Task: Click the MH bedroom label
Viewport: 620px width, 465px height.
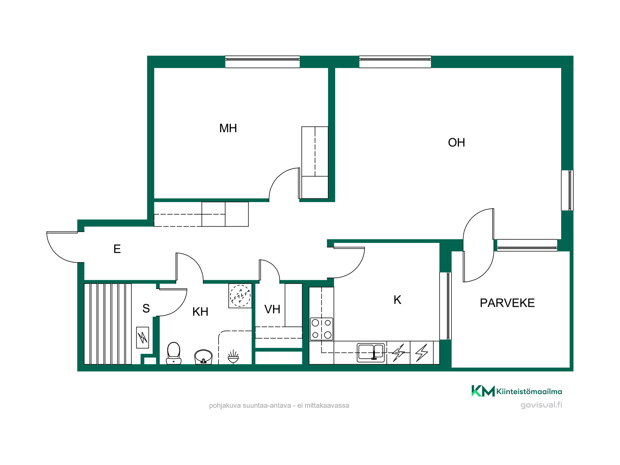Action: point(228,128)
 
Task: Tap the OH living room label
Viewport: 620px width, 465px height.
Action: point(456,143)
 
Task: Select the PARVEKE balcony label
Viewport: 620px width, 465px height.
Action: point(507,303)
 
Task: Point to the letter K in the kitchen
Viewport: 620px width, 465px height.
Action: point(397,300)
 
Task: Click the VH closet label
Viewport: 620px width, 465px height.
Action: point(272,309)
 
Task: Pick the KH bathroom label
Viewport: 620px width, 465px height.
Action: point(200,312)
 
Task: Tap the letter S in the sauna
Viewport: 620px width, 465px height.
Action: point(146,308)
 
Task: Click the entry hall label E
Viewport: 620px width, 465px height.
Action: point(117,249)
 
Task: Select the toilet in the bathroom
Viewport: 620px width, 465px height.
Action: point(174,353)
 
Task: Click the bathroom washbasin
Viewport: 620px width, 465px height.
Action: point(203,357)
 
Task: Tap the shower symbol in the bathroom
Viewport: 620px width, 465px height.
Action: point(233,356)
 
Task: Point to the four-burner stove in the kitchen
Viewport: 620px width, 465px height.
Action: point(321,329)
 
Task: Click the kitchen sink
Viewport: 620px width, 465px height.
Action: point(371,352)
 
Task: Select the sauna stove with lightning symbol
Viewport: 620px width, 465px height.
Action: point(143,338)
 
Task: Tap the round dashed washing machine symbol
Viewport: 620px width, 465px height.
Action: point(240,296)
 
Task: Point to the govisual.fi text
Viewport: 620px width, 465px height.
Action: point(541,405)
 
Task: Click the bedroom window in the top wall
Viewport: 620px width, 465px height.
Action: point(262,62)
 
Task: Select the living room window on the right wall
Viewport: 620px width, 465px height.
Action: point(567,190)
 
